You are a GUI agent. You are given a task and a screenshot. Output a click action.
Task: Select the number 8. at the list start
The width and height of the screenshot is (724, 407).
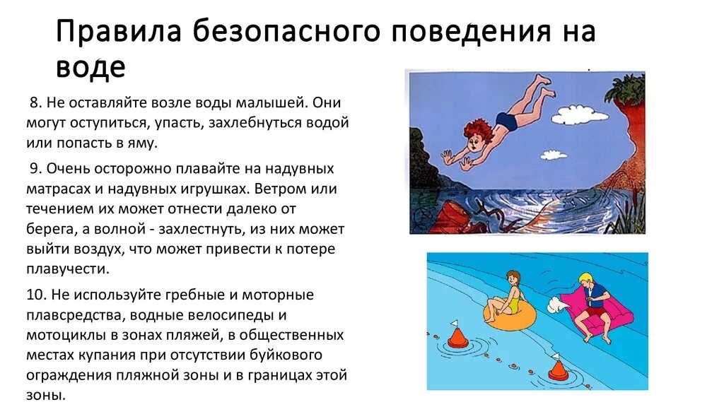[x=35, y=102]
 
